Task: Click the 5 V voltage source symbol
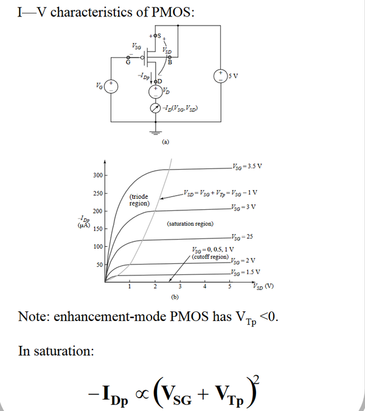pos(218,76)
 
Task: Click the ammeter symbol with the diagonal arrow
pos(156,109)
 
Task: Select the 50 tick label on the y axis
pos(99,264)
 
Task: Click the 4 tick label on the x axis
pos(205,286)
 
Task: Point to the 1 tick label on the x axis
pos(129,286)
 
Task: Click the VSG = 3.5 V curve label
pos(246,166)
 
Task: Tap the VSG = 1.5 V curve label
pos(246,271)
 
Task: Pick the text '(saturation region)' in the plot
pos(190,224)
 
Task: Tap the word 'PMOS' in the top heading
pos(173,12)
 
